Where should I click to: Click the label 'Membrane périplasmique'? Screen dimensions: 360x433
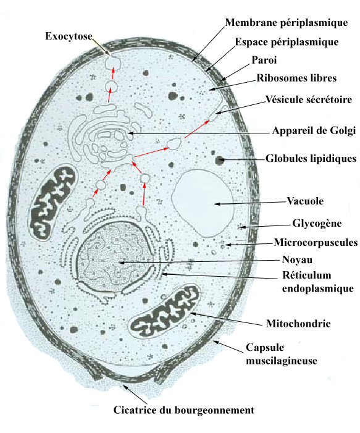click(287, 23)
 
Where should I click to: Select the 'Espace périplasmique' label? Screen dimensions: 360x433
click(287, 42)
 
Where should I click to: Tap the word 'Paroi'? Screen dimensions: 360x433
click(264, 60)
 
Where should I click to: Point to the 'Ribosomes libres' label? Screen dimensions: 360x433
click(296, 78)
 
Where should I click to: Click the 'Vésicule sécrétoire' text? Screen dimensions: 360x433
click(309, 99)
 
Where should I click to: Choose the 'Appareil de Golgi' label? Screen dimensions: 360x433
click(314, 130)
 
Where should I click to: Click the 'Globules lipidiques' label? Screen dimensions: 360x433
click(311, 159)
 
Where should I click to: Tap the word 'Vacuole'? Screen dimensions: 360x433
click(305, 201)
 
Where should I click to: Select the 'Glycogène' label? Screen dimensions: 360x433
click(317, 223)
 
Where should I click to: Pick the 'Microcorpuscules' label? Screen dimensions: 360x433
click(316, 243)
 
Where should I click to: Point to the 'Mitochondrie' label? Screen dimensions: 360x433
click(298, 324)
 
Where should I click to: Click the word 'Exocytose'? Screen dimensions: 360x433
click(69, 36)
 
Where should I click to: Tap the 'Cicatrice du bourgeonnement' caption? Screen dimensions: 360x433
click(184, 410)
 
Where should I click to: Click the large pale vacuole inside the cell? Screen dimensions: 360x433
click(204, 203)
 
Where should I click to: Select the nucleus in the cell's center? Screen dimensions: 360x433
click(115, 256)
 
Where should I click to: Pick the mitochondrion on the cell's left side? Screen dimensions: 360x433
click(52, 203)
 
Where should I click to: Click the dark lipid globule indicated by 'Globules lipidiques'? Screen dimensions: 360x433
click(219, 160)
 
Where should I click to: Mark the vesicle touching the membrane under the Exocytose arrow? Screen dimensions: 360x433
click(112, 63)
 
